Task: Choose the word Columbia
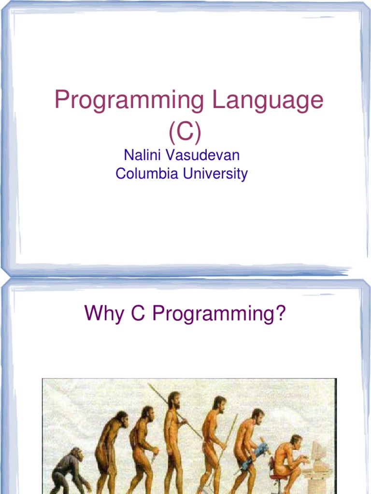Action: [147, 173]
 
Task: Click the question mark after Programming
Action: [280, 314]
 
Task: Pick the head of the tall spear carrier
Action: [174, 400]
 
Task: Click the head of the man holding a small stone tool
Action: [147, 413]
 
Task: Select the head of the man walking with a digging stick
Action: [219, 403]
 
